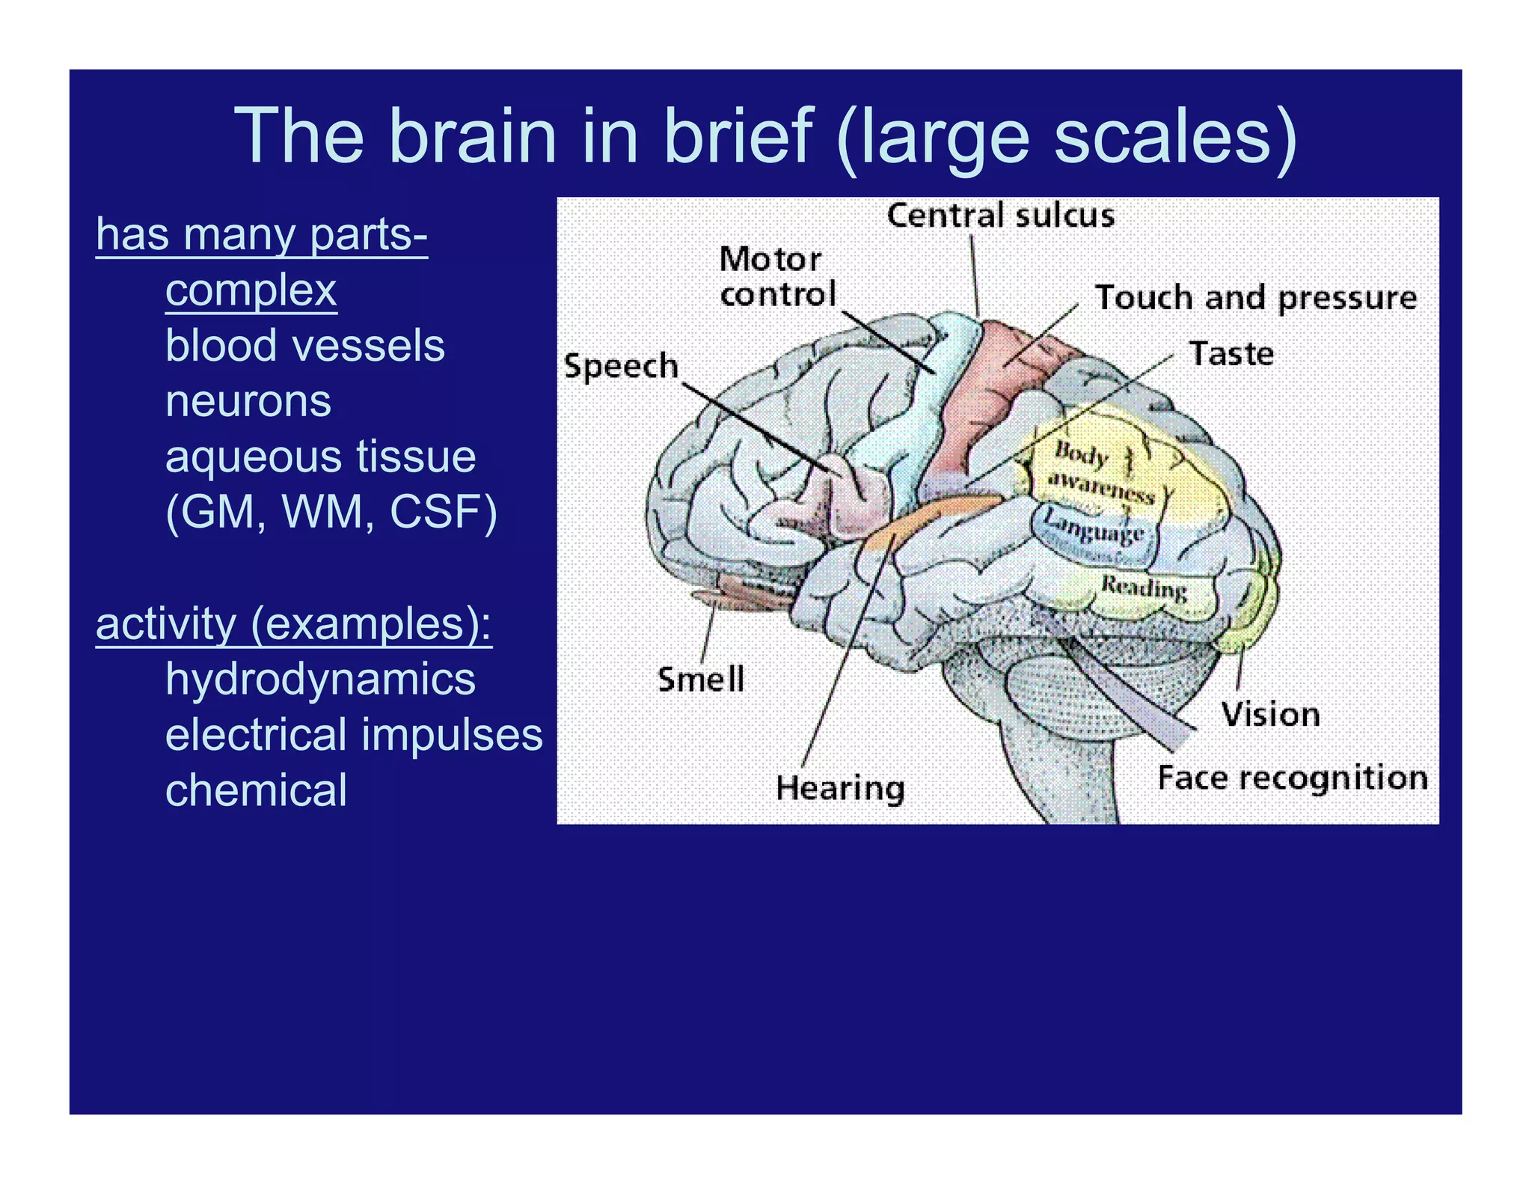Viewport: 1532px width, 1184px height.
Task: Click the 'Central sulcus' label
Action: pos(1000,216)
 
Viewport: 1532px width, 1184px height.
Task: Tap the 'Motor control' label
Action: pos(776,277)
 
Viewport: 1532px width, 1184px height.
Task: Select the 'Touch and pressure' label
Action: pos(1255,298)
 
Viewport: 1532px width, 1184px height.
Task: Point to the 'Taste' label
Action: pos(1231,353)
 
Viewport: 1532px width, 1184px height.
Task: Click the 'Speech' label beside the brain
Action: pos(621,366)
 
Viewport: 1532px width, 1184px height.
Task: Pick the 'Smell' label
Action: pos(701,680)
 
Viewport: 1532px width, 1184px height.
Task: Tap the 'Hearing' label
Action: pos(840,788)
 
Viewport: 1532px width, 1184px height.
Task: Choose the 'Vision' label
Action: pos(1270,714)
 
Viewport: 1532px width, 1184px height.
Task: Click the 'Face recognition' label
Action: pos(1292,778)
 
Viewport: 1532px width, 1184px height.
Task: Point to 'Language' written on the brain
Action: pos(1093,527)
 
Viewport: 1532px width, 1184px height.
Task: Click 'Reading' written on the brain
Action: pos(1144,588)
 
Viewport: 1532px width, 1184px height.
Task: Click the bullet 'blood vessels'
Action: pos(304,346)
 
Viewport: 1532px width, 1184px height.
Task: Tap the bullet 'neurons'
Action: pos(248,401)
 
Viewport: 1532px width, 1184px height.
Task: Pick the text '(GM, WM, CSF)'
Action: pos(331,512)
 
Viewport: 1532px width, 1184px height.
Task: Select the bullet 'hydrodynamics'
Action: pos(320,679)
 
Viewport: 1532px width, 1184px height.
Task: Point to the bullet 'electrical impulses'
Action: pos(353,734)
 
